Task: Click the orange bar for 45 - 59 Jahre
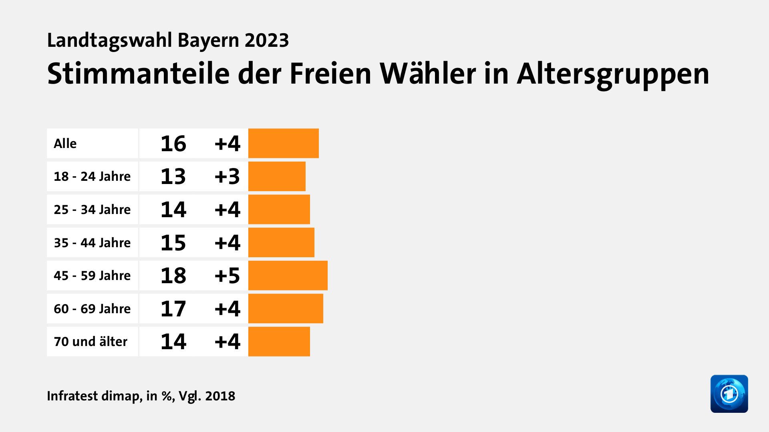click(288, 275)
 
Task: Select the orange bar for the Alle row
click(283, 143)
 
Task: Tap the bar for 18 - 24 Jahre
click(277, 176)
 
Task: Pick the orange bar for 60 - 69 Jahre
click(286, 308)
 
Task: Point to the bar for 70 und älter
click(279, 341)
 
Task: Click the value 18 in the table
click(173, 276)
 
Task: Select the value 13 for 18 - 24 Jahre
click(173, 176)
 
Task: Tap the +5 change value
click(227, 276)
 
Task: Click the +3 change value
click(227, 176)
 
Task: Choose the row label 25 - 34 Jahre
click(92, 210)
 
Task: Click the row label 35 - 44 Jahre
click(92, 243)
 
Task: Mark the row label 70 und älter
click(91, 342)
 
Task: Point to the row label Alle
click(65, 144)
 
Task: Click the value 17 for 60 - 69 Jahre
click(173, 309)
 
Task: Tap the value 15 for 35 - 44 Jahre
click(173, 243)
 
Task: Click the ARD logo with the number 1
click(729, 394)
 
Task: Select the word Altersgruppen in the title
click(613, 74)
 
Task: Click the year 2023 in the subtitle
click(267, 40)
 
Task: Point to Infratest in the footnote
click(72, 396)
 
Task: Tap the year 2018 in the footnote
click(220, 396)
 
